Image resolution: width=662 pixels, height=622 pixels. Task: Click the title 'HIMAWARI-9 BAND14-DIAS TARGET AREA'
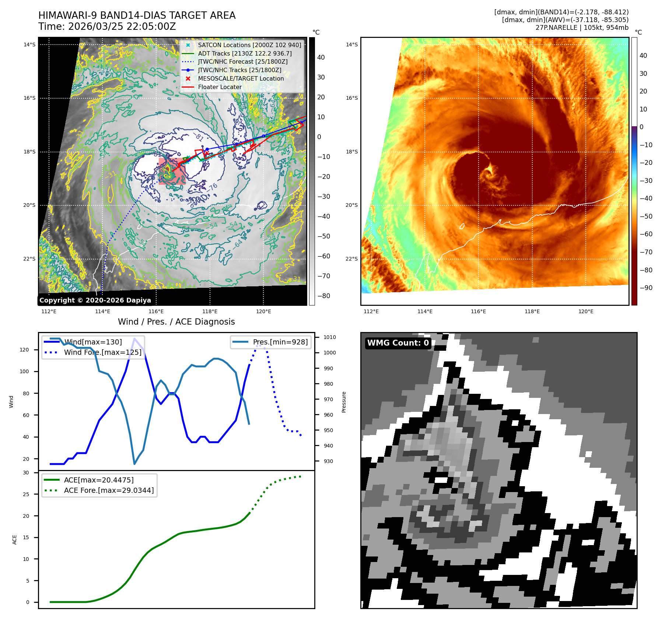(137, 15)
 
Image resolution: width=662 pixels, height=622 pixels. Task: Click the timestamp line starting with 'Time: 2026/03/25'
(107, 26)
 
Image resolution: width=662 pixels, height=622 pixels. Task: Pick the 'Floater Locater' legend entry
(220, 87)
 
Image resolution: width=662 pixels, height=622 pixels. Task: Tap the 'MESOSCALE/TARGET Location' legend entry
(241, 78)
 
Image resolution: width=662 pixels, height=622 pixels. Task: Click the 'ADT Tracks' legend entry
(245, 53)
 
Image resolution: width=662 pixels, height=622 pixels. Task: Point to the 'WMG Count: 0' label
(398, 343)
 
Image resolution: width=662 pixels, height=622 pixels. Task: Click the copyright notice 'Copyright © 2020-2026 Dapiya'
(95, 300)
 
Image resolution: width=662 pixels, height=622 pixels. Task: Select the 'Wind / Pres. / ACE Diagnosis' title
(176, 322)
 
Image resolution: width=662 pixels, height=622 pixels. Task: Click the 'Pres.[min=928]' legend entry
(280, 342)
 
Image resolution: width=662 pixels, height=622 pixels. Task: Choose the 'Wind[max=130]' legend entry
(93, 342)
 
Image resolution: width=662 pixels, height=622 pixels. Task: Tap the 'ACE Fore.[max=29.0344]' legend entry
(109, 490)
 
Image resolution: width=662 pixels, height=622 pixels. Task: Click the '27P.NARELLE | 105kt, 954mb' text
(582, 28)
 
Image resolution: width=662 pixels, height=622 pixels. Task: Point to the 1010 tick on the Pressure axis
(330, 337)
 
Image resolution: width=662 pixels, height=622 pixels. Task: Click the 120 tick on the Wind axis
(24, 350)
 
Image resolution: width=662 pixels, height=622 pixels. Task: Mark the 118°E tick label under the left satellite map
(210, 311)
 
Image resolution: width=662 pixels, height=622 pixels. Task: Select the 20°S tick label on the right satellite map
(351, 205)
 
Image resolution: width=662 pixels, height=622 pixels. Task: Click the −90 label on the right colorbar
(646, 288)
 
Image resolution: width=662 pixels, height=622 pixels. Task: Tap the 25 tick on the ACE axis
(26, 494)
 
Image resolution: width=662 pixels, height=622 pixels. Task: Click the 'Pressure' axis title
(344, 402)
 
